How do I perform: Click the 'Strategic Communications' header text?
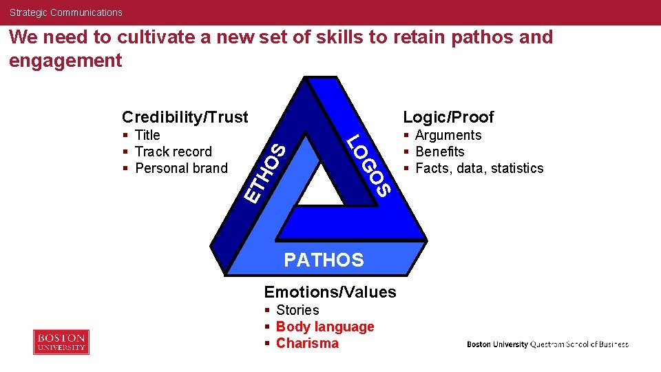tap(65, 12)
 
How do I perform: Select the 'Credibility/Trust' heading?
tap(185, 117)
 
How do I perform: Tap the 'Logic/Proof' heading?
tap(448, 117)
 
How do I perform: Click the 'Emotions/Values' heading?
tap(330, 292)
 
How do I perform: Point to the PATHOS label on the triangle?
tap(324, 260)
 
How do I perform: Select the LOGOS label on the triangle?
tap(370, 166)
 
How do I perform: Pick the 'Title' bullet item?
tap(147, 135)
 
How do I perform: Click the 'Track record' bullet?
tap(173, 152)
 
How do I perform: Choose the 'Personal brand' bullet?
tap(181, 168)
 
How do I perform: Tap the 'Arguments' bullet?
tap(448, 135)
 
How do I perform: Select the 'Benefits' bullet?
tap(439, 152)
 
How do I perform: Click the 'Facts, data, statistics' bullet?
tap(479, 168)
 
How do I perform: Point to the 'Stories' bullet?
tap(297, 310)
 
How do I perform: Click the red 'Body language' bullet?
tap(325, 327)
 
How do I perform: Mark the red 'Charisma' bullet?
tap(307, 343)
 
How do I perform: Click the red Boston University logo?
tap(61, 342)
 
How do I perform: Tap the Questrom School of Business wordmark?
tap(547, 344)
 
